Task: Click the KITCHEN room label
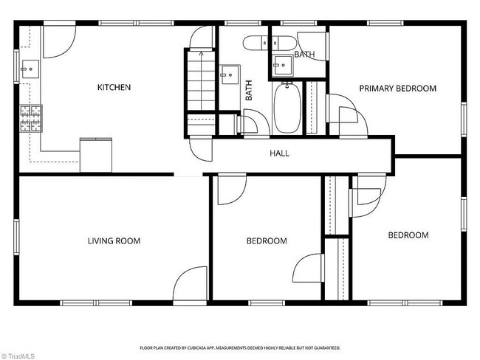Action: pos(114,87)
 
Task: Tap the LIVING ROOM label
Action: pos(114,241)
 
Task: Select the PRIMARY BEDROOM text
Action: pos(397,89)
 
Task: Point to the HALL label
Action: pos(279,153)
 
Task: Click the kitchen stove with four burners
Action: pos(31,119)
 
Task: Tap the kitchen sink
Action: pos(30,69)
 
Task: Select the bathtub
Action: pos(287,108)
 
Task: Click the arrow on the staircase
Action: pos(201,80)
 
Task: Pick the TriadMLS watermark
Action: pos(18,356)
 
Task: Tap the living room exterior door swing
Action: pos(190,283)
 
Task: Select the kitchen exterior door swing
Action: pos(59,41)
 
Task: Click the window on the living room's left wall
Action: pos(16,237)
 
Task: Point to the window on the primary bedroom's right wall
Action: pos(464,120)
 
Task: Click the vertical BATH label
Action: pos(249,90)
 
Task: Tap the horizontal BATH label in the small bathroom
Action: pos(304,55)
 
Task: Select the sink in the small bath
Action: pos(283,65)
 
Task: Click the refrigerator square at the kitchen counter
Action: pos(96,155)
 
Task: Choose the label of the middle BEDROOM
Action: pos(267,241)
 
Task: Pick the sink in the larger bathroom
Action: pos(230,75)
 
